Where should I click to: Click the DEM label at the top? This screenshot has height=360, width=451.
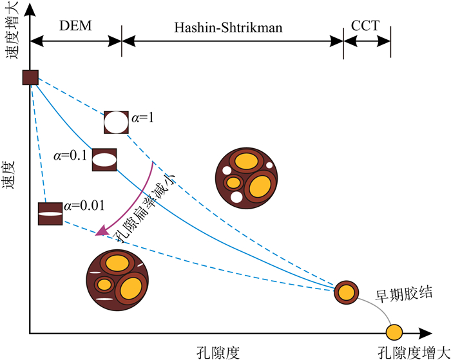click(76, 27)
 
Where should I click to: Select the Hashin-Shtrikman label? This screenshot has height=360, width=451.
click(233, 27)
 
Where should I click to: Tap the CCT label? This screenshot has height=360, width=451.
click(365, 27)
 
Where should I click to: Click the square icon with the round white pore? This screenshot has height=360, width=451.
click(117, 121)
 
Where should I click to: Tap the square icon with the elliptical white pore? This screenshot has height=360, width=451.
click(104, 159)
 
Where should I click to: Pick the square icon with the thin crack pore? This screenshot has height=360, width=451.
click(50, 214)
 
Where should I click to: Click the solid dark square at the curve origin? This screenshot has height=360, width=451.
click(30, 77)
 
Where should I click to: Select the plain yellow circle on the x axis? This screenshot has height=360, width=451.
click(394, 333)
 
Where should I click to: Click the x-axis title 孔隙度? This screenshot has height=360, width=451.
click(219, 352)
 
